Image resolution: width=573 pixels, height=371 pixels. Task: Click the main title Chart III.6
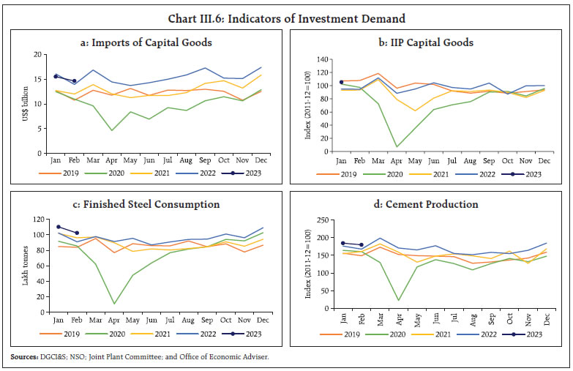coord(286,18)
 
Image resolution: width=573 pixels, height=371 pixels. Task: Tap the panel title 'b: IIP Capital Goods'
coord(427,42)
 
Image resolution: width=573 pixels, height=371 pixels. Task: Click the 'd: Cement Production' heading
coord(427,204)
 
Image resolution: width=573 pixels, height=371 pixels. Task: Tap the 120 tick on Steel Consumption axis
coord(42,220)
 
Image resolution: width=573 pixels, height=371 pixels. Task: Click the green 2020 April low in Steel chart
coord(114,303)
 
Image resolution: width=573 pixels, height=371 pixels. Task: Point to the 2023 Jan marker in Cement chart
coord(342,243)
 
